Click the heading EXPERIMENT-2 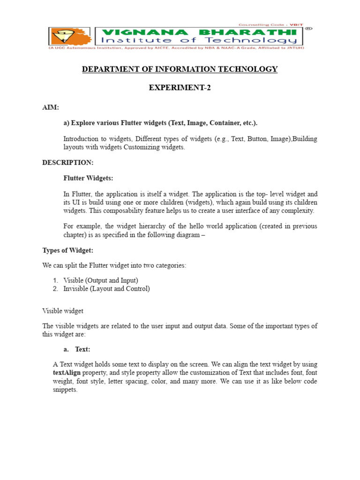pos(180,88)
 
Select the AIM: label pos(51,107)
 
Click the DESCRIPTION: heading pos(67,163)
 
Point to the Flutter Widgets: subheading pos(88,178)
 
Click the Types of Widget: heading pos(67,250)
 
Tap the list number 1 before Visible pos(55,280)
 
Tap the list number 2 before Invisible pos(55,289)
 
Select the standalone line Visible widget pos(63,311)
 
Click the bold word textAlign pos(67,373)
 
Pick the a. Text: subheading pos(77,349)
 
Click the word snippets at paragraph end pos(65,390)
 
